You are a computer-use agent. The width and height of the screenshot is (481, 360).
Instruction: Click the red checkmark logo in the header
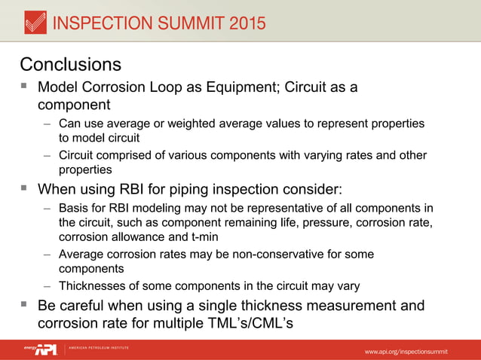35,23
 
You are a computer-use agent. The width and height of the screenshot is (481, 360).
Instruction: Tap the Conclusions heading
70,63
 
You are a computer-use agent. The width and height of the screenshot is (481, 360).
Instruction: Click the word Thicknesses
93,285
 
